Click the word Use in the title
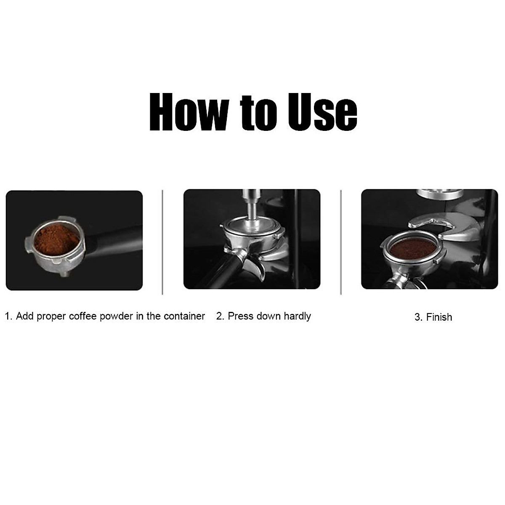point(322,112)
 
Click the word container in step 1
point(184,316)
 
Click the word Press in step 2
point(241,316)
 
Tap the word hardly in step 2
point(297,316)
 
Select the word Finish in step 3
point(439,317)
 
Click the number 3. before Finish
point(418,317)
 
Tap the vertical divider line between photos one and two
point(162,242)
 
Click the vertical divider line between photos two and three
point(340,242)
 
